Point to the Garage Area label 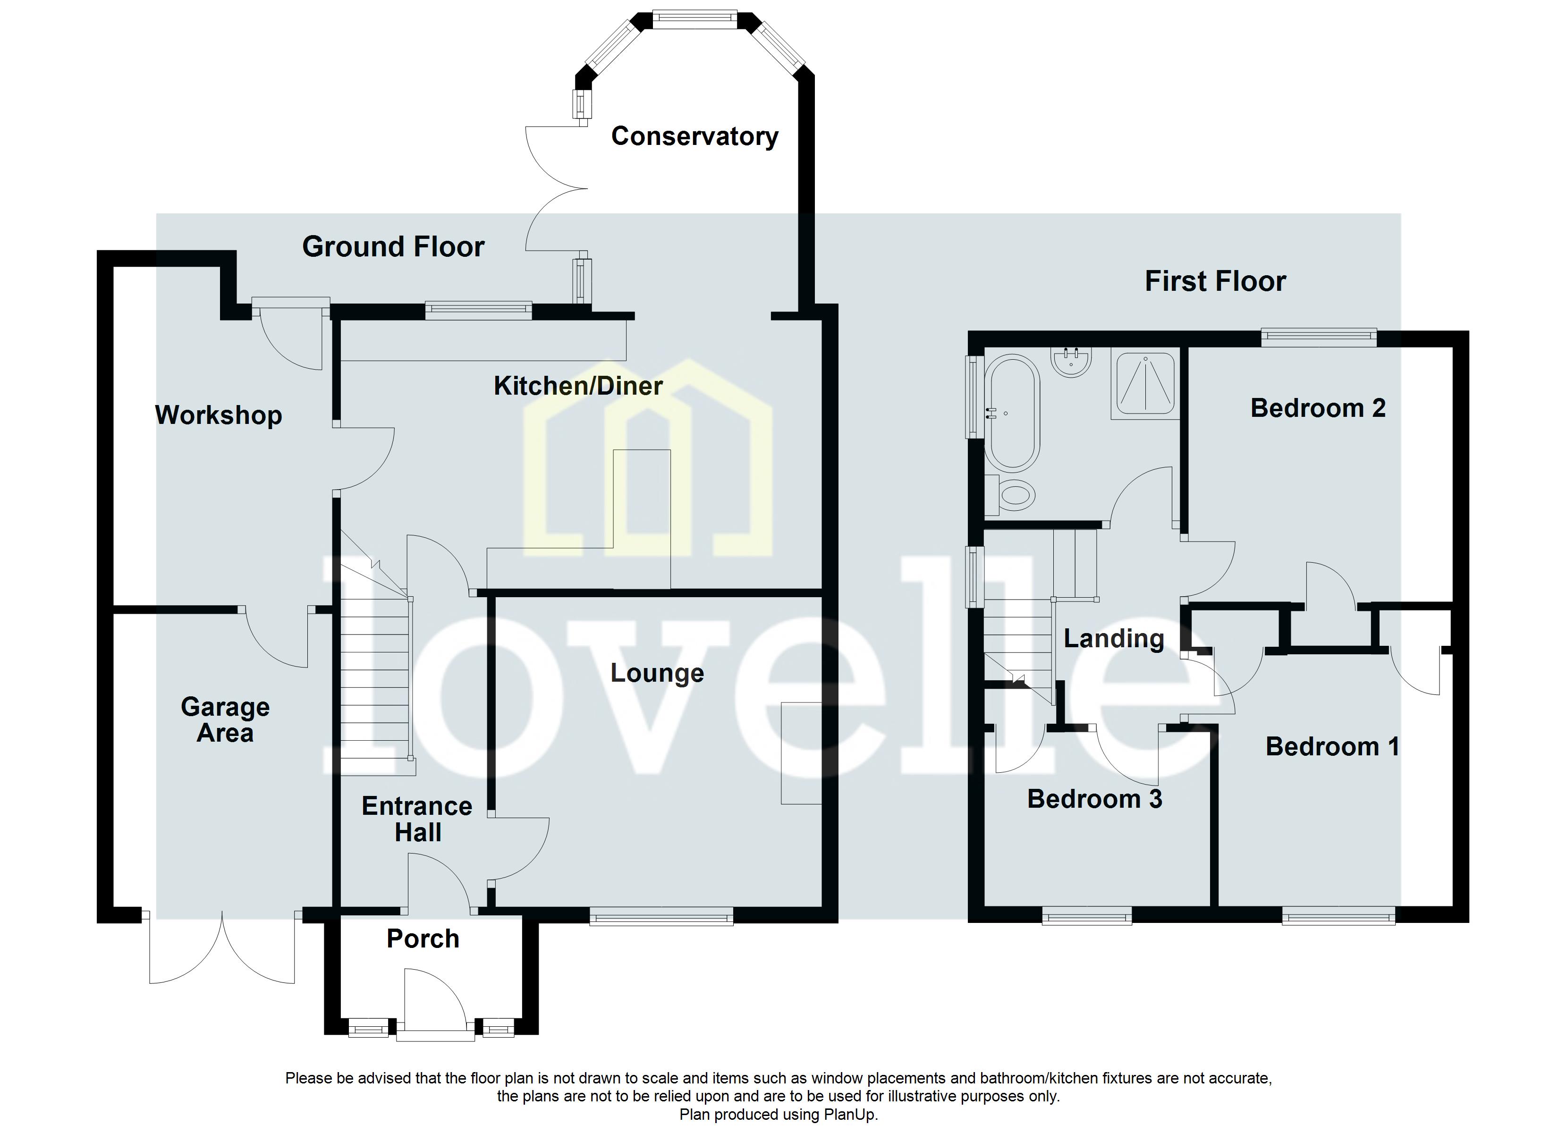225,719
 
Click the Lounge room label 657,673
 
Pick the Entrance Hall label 417,819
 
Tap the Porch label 423,939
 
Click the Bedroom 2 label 1318,408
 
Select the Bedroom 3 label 1094,799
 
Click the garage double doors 222,948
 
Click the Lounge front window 661,916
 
